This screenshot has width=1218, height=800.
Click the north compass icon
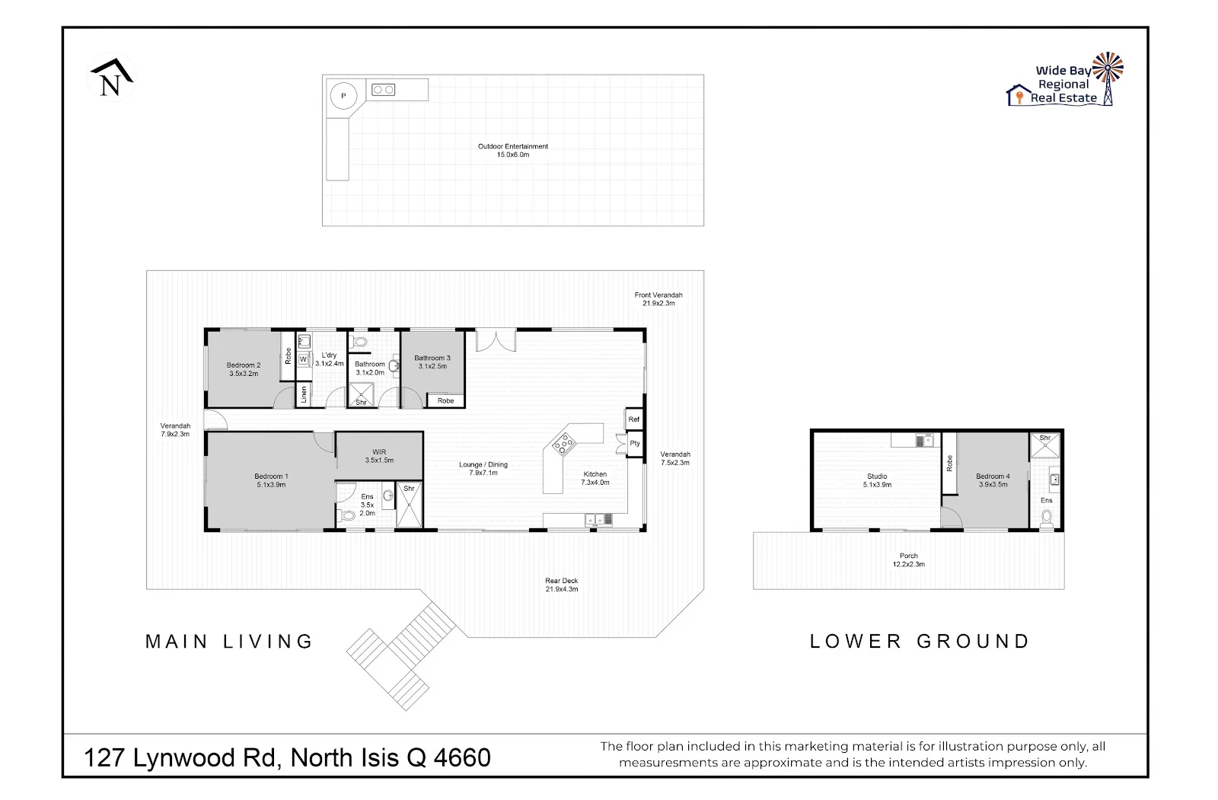click(x=111, y=78)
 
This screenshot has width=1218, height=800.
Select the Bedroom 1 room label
click(x=271, y=480)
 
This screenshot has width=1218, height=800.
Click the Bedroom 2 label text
click(x=243, y=369)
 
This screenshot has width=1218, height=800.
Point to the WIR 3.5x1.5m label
click(x=379, y=456)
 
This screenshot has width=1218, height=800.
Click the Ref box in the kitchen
click(x=633, y=419)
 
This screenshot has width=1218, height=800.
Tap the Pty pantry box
click(x=634, y=444)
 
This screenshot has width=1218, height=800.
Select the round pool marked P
click(x=343, y=96)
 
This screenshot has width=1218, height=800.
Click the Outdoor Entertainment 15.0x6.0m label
click(x=512, y=150)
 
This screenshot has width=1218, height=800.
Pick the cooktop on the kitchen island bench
click(x=564, y=442)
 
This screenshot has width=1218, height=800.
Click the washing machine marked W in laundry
click(x=303, y=359)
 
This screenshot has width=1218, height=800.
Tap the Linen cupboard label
click(x=303, y=394)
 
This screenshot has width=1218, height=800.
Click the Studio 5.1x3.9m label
click(x=876, y=480)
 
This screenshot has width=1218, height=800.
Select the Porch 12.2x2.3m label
click(x=908, y=560)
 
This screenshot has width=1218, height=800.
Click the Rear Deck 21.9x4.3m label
click(x=561, y=585)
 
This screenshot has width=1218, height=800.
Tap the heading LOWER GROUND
click(x=920, y=641)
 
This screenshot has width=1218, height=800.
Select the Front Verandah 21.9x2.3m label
click(x=658, y=298)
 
